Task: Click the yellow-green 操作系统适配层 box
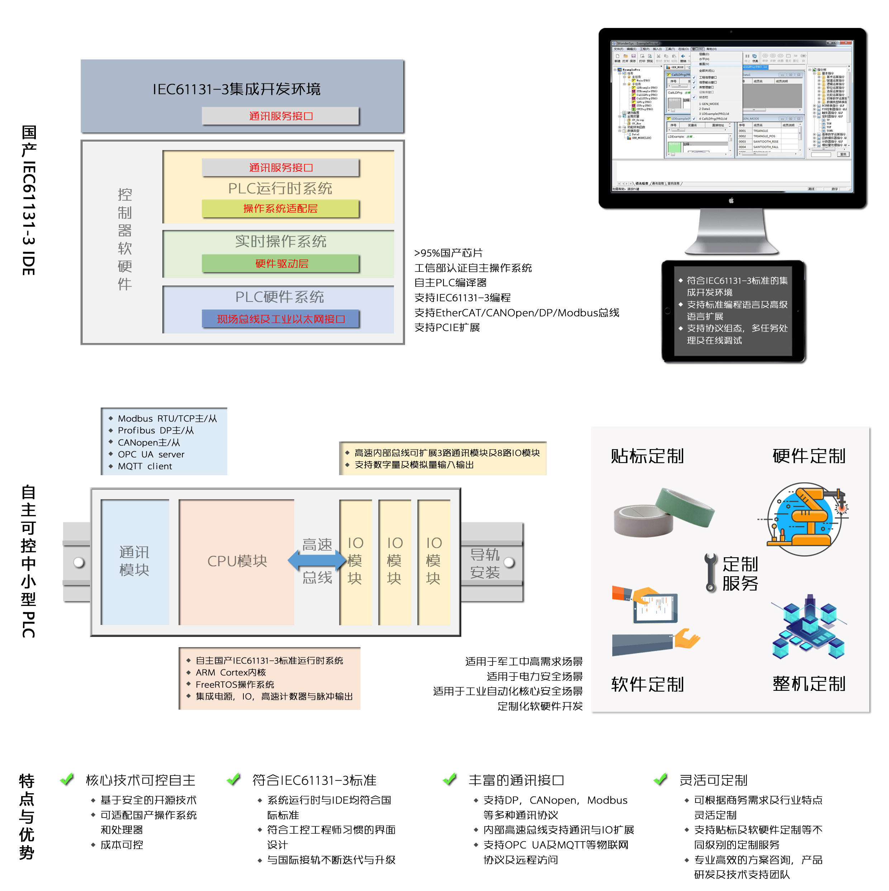280,208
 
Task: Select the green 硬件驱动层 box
280,263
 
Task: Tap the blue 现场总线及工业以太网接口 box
280,319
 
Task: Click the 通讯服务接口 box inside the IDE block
280,116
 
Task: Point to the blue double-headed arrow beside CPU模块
317,560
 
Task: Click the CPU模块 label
237,561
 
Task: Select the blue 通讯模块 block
134,561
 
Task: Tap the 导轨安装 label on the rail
484,563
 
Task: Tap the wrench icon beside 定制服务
710,572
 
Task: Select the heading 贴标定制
647,456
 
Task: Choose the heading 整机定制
808,683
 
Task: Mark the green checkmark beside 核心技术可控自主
67,779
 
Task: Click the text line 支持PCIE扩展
447,327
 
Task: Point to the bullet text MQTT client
144,466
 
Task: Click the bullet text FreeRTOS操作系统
234,684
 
